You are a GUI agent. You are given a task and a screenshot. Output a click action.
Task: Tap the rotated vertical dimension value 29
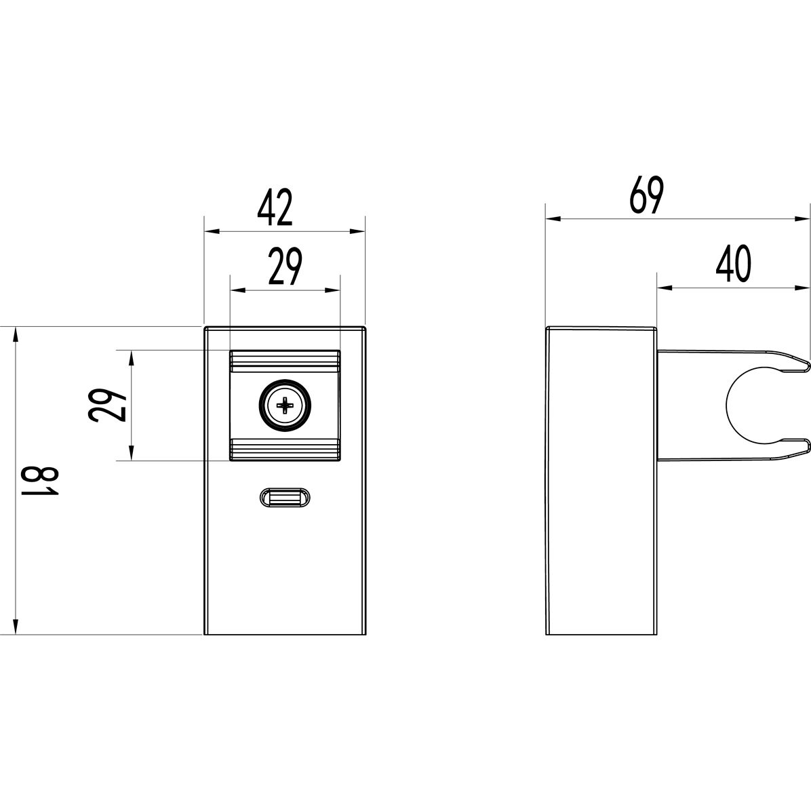pos(107,406)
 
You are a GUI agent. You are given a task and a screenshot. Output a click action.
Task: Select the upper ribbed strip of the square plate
pos(285,361)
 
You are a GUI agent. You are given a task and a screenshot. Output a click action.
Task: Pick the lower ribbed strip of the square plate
pos(285,450)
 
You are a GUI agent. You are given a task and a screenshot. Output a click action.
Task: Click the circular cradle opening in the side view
pos(753,406)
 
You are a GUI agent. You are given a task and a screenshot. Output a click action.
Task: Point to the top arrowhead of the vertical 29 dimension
pos(132,359)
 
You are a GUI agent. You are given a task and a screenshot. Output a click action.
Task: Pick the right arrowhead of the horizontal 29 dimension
pos(332,291)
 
